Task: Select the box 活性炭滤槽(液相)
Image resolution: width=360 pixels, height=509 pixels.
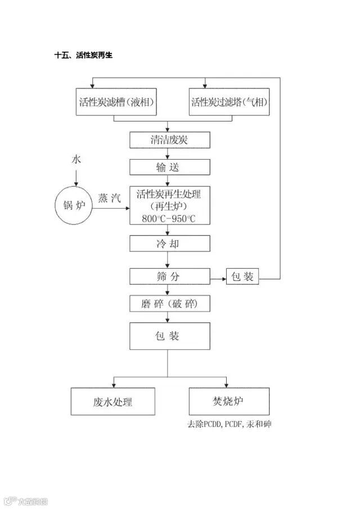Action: point(114,102)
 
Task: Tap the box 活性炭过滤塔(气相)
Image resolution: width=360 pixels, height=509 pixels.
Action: point(229,102)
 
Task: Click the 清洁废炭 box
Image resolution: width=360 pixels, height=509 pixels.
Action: point(169,140)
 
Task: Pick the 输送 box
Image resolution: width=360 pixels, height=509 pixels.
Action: point(169,168)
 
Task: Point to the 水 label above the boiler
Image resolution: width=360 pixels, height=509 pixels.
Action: point(76,159)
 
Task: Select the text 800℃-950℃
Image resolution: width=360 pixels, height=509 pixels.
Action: point(169,218)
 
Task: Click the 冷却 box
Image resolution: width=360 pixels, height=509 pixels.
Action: point(169,244)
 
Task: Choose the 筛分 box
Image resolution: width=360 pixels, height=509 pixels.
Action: point(169,277)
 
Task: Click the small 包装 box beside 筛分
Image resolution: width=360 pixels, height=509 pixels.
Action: point(242,277)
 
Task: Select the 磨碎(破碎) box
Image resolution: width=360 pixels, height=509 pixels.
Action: point(169,304)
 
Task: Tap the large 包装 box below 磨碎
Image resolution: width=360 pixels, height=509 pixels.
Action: point(169,336)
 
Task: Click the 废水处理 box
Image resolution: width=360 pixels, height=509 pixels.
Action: point(113,402)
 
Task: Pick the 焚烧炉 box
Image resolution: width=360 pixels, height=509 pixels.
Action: point(228,402)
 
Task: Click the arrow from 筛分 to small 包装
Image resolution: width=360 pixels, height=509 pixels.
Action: point(218,277)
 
